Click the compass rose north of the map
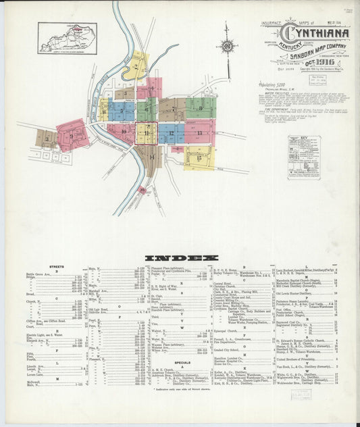(x=226, y=47)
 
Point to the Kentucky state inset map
(x=68, y=38)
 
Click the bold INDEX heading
(x=181, y=258)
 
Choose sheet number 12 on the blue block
(x=172, y=133)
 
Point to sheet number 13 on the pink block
(x=200, y=132)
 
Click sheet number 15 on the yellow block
(x=199, y=157)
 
